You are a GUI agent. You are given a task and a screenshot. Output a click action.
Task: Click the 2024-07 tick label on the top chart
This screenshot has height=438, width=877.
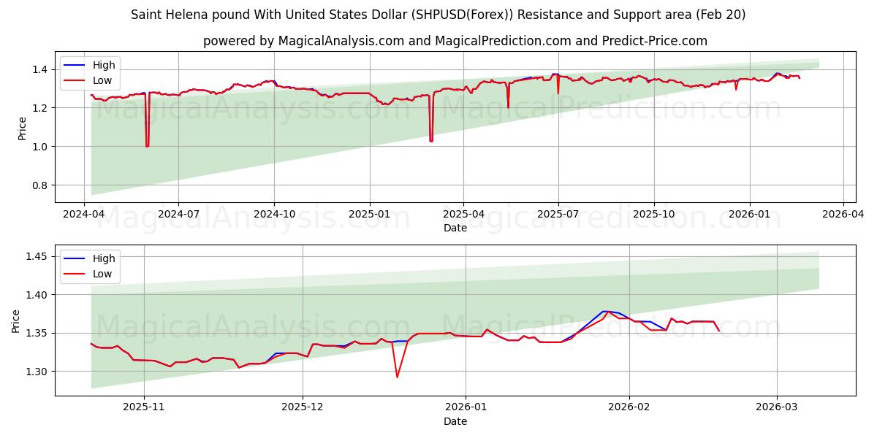179,215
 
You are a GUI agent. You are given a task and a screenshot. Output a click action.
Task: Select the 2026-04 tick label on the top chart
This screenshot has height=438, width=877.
843,215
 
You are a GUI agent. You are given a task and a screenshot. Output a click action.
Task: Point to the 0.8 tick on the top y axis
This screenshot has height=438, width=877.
39,185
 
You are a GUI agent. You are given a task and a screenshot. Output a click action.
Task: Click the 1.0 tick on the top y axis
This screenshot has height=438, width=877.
39,147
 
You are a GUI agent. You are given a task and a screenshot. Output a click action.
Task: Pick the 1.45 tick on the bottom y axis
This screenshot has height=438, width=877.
37,256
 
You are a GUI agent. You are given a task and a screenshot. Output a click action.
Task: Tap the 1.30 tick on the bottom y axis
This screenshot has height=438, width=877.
37,372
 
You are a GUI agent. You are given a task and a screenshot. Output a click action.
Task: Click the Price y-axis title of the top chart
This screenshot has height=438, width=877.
22,128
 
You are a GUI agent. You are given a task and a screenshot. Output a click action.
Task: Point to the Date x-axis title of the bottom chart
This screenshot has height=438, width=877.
455,421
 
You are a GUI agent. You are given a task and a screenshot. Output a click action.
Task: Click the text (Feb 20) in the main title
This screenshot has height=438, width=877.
721,15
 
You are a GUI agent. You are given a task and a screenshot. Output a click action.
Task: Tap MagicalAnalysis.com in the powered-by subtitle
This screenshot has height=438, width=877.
341,41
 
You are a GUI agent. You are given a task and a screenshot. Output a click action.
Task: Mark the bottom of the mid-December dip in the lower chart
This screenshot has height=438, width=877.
397,377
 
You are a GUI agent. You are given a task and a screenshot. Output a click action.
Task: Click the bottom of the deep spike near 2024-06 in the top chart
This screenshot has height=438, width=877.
147,146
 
